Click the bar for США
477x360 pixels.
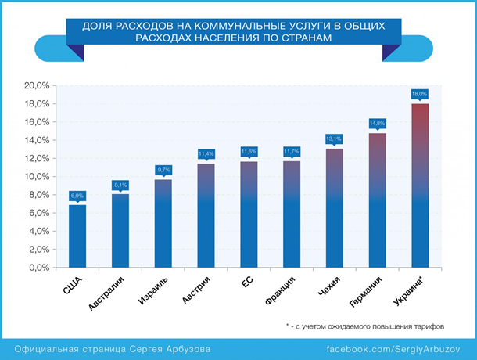click(77, 235)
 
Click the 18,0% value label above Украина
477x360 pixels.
click(420, 94)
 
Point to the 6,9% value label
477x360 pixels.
click(77, 195)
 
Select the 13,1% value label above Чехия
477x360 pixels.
click(334, 139)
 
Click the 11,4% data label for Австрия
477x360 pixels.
click(206, 153)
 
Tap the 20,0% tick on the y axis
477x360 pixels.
click(38, 85)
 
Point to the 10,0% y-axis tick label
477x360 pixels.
click(38, 177)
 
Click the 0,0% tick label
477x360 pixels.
click(39, 268)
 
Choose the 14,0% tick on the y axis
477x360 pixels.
click(38, 140)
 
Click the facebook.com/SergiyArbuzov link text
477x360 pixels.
click(396, 347)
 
